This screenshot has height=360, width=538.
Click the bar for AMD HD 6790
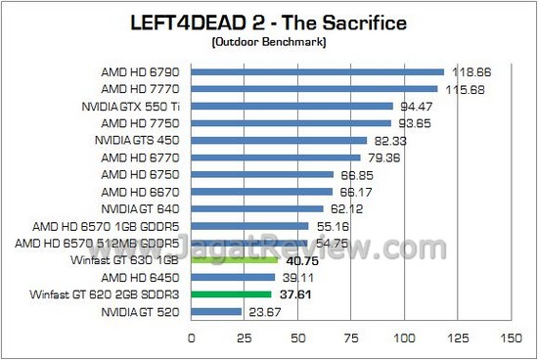(318, 71)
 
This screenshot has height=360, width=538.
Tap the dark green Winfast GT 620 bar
(231, 293)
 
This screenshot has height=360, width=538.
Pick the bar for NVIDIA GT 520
(216, 312)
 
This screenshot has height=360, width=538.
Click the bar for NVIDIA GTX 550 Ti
(291, 106)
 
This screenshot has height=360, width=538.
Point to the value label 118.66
(469, 72)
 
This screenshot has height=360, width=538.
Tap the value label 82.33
(392, 141)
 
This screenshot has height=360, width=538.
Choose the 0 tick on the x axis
(191, 338)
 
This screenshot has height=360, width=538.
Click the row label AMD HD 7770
(142, 89)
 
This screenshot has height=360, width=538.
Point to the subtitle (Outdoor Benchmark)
(269, 41)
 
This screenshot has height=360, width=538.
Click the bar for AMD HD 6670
(261, 191)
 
